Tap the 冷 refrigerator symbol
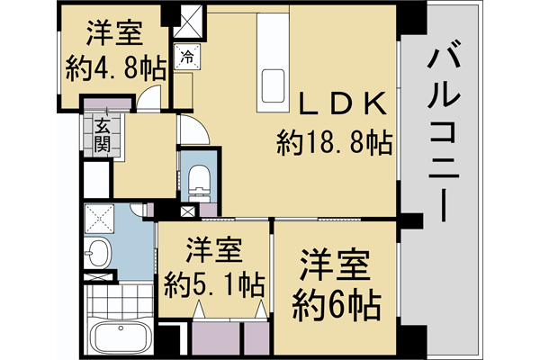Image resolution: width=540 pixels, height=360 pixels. (x=187, y=57)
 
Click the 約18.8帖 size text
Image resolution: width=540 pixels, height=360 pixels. (x=337, y=141)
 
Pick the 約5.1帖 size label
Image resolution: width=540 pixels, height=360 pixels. (x=214, y=285)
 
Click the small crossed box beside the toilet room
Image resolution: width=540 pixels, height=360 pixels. (x=186, y=212)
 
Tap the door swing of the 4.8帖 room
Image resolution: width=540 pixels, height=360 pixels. (x=155, y=97)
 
